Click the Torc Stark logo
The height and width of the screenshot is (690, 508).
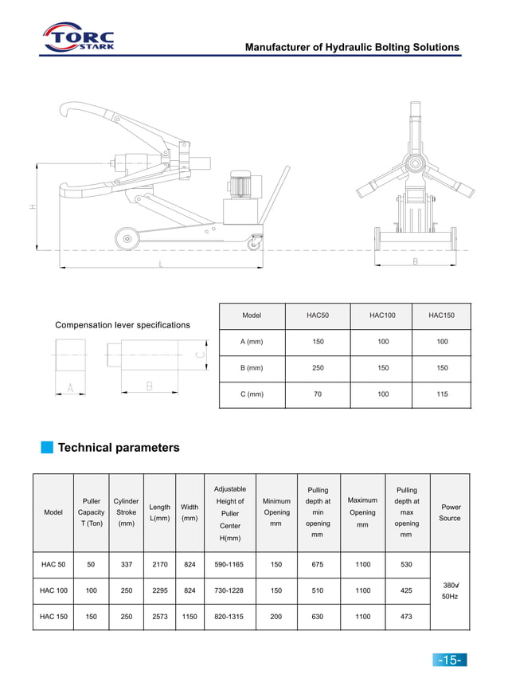tap(78, 37)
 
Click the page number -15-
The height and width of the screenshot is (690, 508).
tap(449, 660)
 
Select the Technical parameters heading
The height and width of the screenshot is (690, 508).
tap(119, 448)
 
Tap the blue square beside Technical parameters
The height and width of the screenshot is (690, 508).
tap(47, 447)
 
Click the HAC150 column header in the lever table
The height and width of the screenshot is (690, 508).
tap(441, 316)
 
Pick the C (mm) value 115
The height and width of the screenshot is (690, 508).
tap(441, 394)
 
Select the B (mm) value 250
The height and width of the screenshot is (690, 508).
tap(317, 368)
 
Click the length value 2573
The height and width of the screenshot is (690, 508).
tap(159, 617)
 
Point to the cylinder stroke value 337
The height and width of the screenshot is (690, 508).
tap(126, 564)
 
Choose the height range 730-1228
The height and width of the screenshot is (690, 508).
tap(229, 590)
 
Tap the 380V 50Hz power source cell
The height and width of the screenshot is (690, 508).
tap(450, 590)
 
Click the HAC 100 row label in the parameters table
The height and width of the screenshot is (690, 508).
tap(53, 590)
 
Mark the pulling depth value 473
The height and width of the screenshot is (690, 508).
tap(406, 617)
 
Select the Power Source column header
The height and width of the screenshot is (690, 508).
tap(451, 512)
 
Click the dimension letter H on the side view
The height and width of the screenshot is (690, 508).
tap(33, 207)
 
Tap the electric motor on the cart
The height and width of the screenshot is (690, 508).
tap(240, 185)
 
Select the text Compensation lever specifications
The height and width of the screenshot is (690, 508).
tap(123, 325)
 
